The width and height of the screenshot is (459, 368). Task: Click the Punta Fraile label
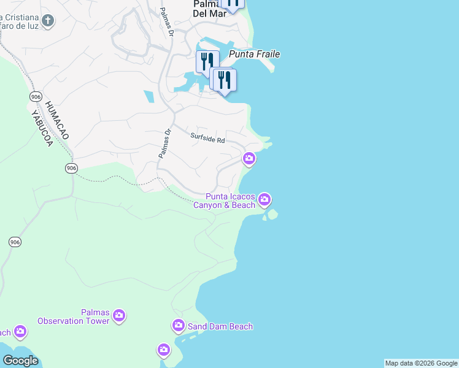click(x=254, y=55)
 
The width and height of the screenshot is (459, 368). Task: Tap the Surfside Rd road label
click(x=207, y=139)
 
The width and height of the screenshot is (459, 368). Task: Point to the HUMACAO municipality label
click(x=48, y=120)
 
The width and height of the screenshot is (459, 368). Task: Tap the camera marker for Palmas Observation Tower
click(x=119, y=316)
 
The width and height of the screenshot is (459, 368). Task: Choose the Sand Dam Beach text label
click(x=220, y=326)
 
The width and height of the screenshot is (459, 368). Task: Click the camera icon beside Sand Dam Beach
click(x=179, y=325)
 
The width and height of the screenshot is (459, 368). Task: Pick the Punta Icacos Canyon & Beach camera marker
click(x=264, y=199)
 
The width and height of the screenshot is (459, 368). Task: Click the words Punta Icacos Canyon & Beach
click(x=225, y=201)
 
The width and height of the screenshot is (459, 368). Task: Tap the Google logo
click(x=20, y=361)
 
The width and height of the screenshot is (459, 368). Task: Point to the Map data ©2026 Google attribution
click(x=421, y=363)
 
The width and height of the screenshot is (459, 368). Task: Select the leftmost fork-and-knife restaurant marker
click(x=207, y=61)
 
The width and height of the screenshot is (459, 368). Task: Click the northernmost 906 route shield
click(x=34, y=97)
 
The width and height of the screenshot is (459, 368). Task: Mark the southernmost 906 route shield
click(x=15, y=242)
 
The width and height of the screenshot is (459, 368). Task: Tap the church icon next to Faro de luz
click(x=48, y=21)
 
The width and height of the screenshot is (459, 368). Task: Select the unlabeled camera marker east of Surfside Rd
click(x=249, y=159)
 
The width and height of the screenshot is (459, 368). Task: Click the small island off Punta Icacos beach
click(x=272, y=214)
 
